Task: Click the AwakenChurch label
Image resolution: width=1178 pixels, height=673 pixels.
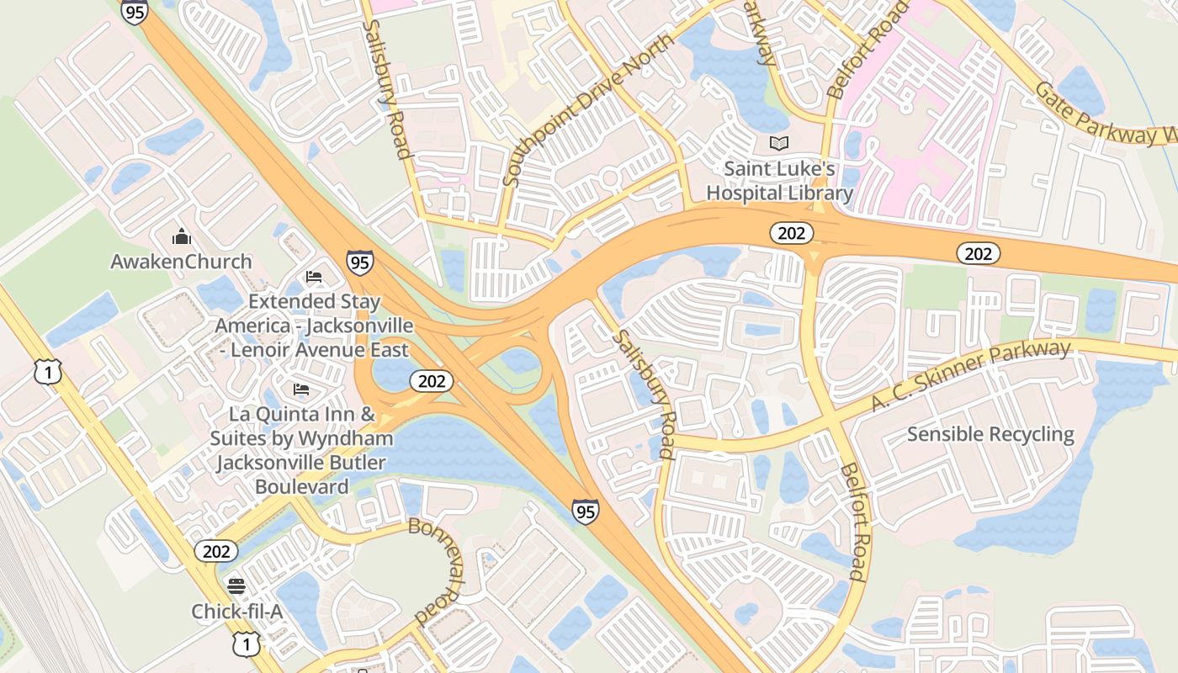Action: [181, 262]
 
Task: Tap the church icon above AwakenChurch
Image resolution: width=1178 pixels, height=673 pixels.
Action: [181, 236]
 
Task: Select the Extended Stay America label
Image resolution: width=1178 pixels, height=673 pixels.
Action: [314, 326]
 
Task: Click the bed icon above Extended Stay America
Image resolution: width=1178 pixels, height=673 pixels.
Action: [314, 276]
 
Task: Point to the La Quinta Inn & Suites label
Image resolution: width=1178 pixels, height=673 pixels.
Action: [301, 450]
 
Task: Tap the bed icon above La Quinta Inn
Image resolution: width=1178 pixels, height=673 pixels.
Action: [301, 389]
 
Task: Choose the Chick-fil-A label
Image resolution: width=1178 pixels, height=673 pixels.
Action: [236, 612]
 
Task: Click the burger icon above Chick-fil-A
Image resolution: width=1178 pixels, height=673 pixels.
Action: [236, 586]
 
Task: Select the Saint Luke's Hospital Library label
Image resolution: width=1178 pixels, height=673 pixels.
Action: [779, 181]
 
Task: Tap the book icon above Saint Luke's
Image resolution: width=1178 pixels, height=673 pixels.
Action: [780, 144]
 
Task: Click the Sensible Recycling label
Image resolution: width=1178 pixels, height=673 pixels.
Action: [990, 435]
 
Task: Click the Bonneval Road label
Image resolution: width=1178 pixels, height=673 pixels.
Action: [438, 572]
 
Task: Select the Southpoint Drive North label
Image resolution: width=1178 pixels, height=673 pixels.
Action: [588, 109]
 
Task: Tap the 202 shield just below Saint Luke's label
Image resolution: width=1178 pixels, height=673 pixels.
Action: [791, 233]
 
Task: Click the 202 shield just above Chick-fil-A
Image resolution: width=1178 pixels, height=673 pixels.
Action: [216, 551]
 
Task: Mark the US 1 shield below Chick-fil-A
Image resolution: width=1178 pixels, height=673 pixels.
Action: [245, 644]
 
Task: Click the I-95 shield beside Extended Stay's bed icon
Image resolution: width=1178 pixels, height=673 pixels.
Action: [359, 262]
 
